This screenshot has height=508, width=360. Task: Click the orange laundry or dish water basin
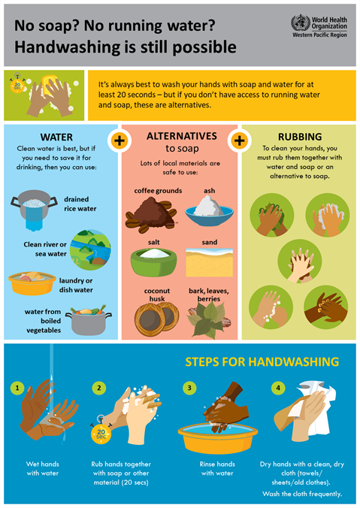coord(31,283)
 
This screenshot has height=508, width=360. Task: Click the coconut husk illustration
coord(157,316)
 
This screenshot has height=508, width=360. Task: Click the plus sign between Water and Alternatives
coord(119,140)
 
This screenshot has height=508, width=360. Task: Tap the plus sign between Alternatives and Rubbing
coord(240,140)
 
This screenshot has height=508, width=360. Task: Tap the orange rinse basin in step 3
coord(213,437)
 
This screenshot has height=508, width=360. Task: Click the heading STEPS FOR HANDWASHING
coord(262,362)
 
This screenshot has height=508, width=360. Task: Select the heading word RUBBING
coord(298,137)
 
